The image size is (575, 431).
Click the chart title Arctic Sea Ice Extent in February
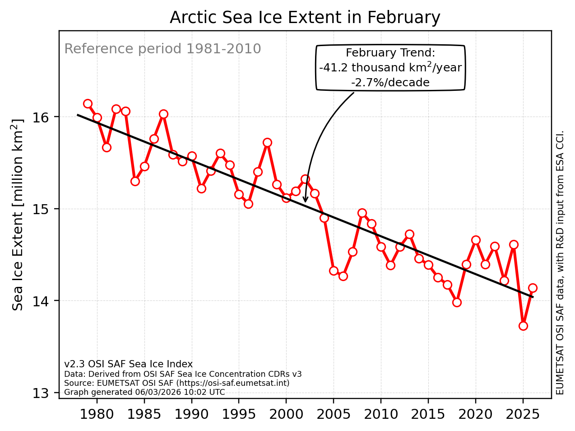[305, 18]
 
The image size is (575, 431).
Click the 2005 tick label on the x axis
[334, 414]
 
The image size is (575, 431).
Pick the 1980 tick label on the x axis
[97, 414]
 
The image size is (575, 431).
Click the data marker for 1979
[88, 103]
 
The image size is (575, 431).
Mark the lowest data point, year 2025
[523, 326]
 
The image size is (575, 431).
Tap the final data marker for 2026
[533, 288]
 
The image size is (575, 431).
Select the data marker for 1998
[267, 142]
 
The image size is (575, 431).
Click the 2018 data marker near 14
[457, 302]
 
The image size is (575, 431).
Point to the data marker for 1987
[163, 114]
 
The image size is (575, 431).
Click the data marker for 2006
[343, 276]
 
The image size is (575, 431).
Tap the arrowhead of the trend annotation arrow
[305, 201]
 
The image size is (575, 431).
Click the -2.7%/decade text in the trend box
[390, 83]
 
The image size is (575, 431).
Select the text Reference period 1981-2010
[162, 49]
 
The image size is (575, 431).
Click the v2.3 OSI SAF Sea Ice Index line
[128, 364]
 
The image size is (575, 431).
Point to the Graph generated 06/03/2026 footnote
[144, 392]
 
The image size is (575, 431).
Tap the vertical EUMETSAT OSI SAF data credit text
[560, 262]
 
